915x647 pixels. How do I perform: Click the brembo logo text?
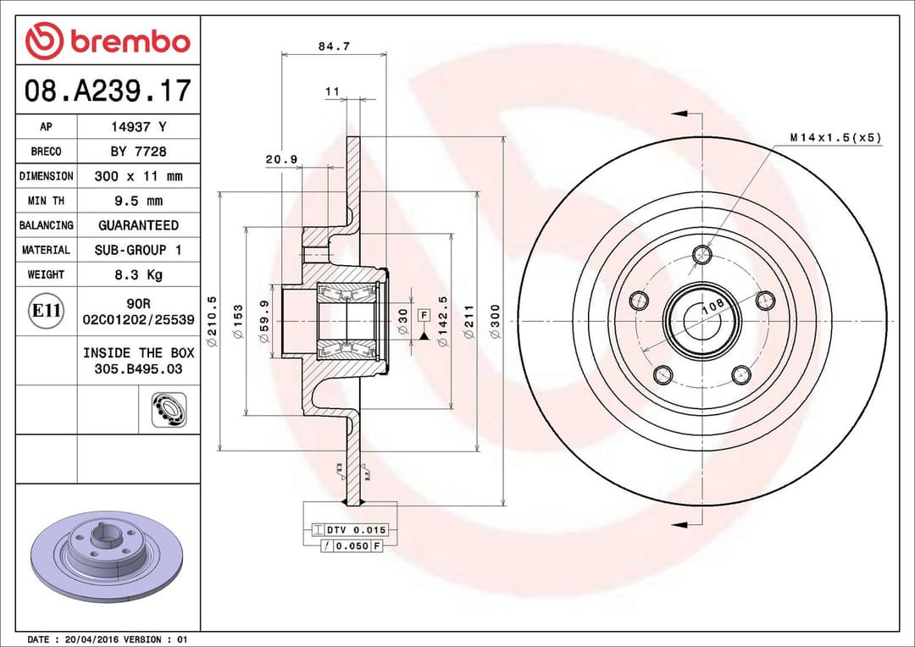[x=129, y=41]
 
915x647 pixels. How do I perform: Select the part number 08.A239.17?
[x=108, y=90]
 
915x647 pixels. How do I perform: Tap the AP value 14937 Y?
[x=138, y=127]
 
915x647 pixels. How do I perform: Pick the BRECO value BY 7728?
[x=138, y=152]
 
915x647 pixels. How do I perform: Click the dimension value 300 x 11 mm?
[x=138, y=176]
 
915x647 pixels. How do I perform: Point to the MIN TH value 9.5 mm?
[x=138, y=201]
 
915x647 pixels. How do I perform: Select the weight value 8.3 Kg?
[x=138, y=274]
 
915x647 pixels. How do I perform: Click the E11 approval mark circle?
[x=46, y=311]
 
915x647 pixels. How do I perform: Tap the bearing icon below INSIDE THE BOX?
[x=169, y=410]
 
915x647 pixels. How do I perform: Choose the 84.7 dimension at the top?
[x=334, y=47]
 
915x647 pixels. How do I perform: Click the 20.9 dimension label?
[x=280, y=158]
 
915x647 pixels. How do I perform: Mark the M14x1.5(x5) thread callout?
[x=835, y=136]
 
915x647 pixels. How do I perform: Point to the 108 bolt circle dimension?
[x=713, y=307]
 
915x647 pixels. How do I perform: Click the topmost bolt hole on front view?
[x=702, y=254]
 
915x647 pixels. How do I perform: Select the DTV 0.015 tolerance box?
[x=355, y=530]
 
